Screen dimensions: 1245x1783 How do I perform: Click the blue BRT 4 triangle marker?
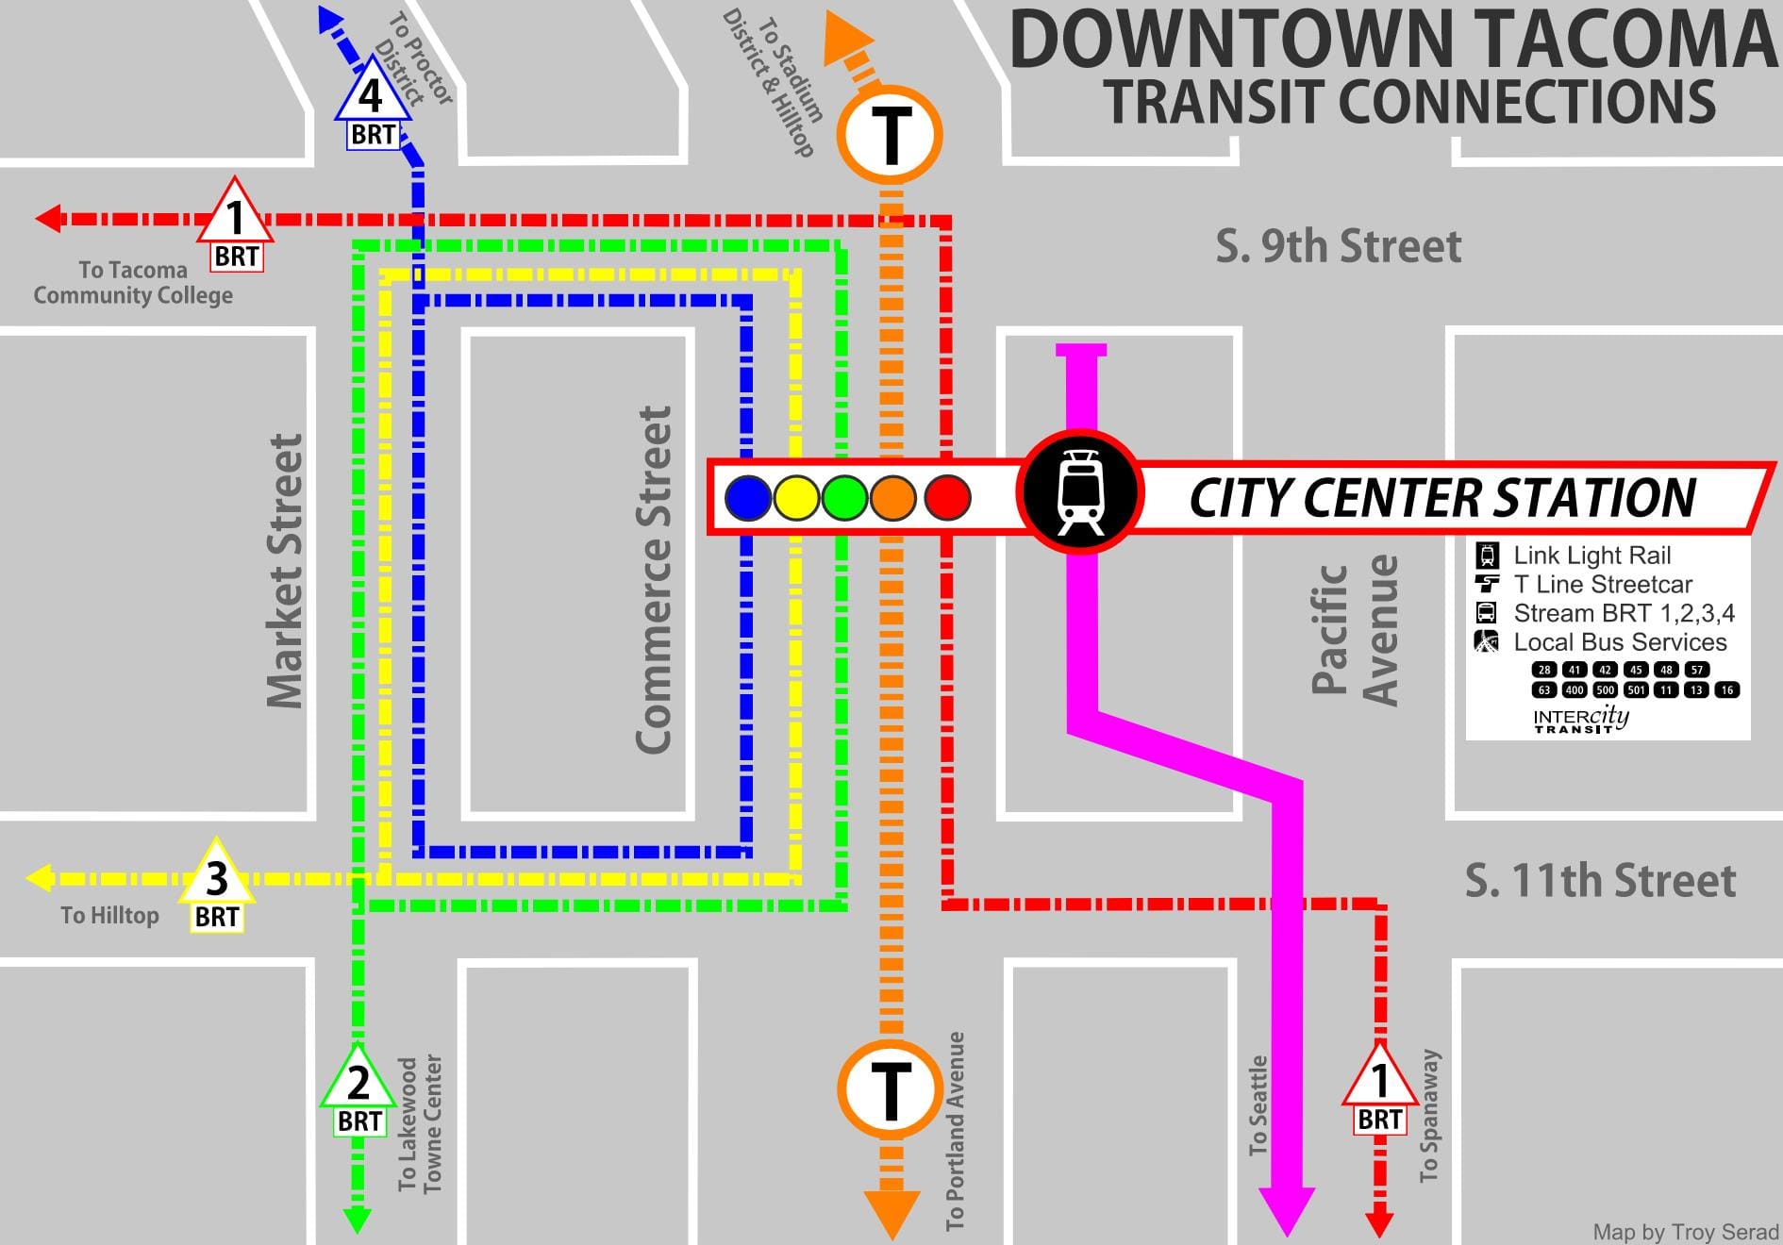point(372,94)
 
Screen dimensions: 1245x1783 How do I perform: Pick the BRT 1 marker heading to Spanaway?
point(1379,1080)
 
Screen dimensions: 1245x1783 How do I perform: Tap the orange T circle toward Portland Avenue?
point(890,1088)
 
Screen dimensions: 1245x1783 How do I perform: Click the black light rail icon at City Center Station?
point(1079,493)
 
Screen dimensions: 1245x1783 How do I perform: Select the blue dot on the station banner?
point(748,498)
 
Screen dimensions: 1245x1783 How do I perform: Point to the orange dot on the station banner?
point(892,498)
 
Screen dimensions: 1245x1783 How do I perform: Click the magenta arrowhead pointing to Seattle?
point(1287,1211)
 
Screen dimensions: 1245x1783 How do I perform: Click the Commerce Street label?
point(654,579)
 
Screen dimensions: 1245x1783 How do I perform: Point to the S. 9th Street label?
point(1338,247)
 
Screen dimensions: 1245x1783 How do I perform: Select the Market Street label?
point(284,571)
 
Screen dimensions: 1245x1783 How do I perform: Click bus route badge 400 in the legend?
point(1575,689)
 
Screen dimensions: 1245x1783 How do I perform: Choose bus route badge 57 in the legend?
point(1697,670)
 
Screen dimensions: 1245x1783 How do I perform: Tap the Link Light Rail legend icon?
point(1487,556)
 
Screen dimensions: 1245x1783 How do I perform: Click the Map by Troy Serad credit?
point(1685,1232)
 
